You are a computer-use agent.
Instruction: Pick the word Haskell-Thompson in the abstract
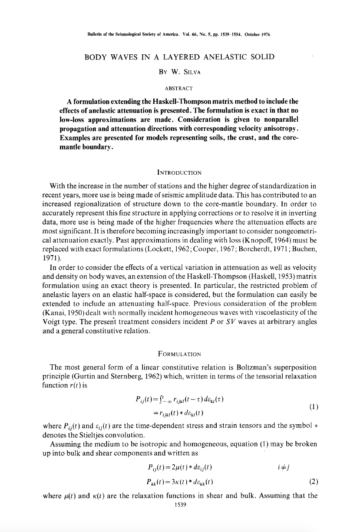pos(164,102)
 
